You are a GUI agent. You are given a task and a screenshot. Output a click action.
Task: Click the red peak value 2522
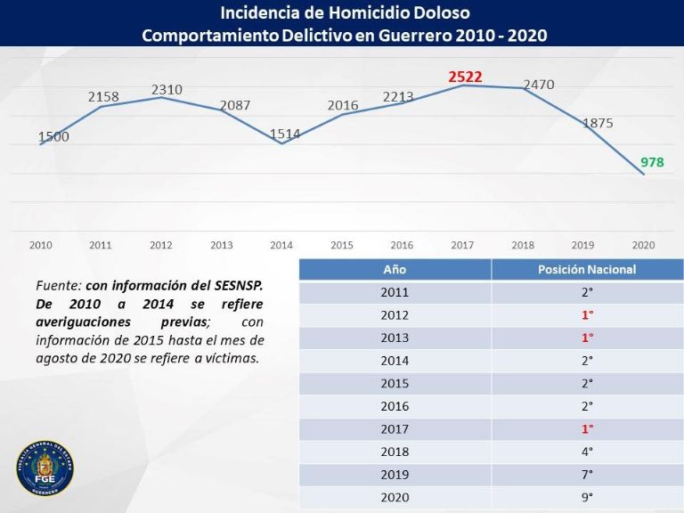pyautogui.click(x=465, y=77)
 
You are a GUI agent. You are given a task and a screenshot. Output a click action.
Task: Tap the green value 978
pyautogui.click(x=652, y=162)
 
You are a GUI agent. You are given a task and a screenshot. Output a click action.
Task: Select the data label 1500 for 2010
pyautogui.click(x=53, y=137)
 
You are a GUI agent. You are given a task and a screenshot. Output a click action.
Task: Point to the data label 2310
pyautogui.click(x=167, y=89)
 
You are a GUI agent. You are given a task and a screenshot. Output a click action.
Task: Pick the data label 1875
pyautogui.click(x=598, y=123)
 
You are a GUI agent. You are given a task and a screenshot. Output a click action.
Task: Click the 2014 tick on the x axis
pyautogui.click(x=281, y=244)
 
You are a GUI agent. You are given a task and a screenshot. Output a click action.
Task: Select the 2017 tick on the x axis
pyautogui.click(x=461, y=244)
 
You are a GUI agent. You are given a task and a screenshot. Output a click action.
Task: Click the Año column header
pyautogui.click(x=395, y=269)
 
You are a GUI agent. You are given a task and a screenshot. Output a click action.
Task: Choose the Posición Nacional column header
pyautogui.click(x=587, y=269)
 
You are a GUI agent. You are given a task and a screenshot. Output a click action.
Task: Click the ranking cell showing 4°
pyautogui.click(x=587, y=452)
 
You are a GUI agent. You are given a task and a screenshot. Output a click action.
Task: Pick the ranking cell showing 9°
pyautogui.click(x=587, y=497)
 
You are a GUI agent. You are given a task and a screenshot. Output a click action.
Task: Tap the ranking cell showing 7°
pyautogui.click(x=587, y=475)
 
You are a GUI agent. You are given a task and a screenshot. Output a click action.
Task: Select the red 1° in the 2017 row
pyautogui.click(x=587, y=428)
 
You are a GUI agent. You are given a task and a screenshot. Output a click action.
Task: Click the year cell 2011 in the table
pyautogui.click(x=395, y=292)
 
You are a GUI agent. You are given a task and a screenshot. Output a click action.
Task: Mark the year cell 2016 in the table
pyautogui.click(x=395, y=406)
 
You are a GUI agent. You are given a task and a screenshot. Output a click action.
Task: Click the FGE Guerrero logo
pyautogui.click(x=45, y=468)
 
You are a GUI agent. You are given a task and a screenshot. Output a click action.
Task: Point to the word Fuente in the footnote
pyautogui.click(x=58, y=286)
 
